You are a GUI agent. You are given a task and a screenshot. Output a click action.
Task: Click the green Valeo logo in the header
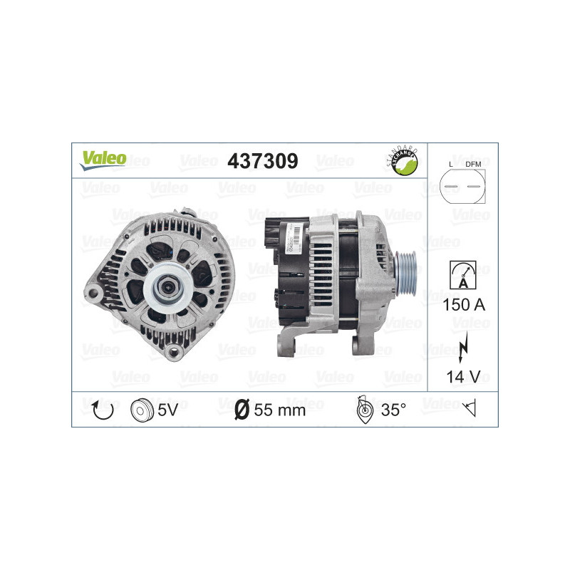pos(103,160)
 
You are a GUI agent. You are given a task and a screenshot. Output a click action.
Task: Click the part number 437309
pos(261,161)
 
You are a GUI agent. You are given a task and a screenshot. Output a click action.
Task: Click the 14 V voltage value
pos(462,377)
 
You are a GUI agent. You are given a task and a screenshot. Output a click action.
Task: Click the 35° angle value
pos(393,410)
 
